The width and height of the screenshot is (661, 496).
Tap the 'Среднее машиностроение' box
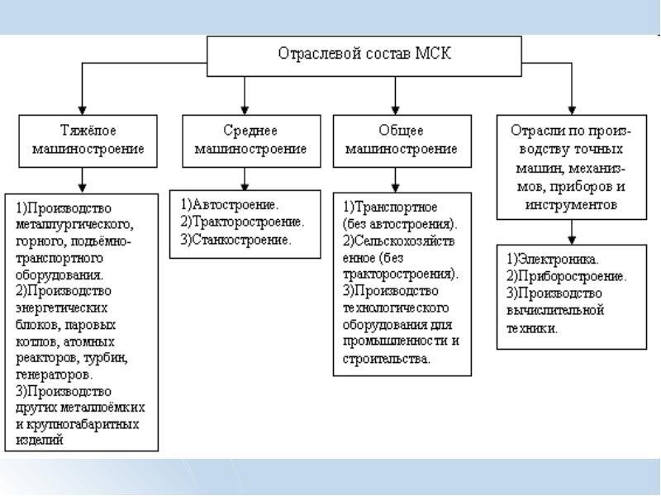point(243,140)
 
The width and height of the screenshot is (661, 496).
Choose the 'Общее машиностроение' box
point(397,140)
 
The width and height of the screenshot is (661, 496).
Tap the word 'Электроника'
point(557,258)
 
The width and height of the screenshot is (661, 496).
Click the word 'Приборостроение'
point(565,276)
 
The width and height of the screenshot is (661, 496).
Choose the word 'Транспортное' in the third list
point(389,206)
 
